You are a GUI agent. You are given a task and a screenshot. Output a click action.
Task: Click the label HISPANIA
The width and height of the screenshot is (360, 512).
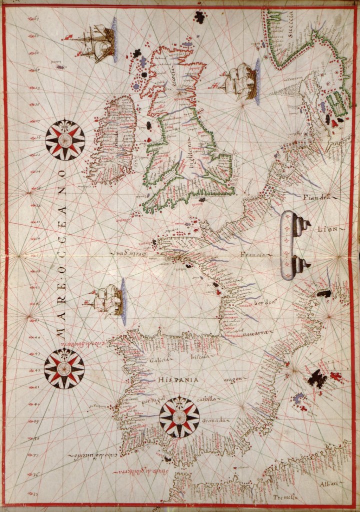point(178,380)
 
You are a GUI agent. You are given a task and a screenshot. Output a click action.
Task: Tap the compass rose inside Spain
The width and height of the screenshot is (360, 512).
point(179,416)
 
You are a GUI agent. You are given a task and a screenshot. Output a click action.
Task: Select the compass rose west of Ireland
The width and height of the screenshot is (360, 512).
point(65,140)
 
